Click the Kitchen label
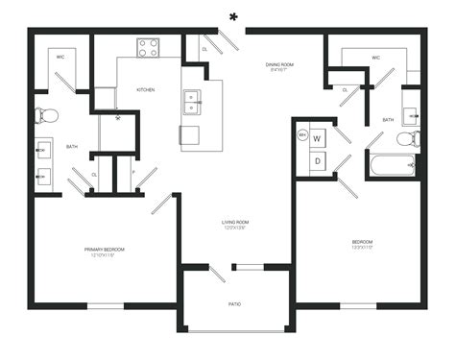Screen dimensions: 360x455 coord(146,89)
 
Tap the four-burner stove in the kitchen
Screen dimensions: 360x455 coord(148,47)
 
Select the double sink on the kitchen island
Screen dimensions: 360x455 coord(193,97)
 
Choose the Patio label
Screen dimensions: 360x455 coord(234,304)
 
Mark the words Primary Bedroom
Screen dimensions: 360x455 coord(104,249)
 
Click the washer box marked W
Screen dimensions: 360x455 coord(318,139)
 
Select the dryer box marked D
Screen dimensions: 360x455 coord(318,161)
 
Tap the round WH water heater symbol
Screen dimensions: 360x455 coord(302,135)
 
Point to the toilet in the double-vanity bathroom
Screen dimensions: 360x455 coord(46,116)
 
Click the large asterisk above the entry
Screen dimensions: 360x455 coord(233,15)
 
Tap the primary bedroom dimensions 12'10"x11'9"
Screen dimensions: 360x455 coord(104,255)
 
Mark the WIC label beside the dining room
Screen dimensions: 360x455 coord(376,58)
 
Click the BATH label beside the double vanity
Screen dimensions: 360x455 coord(72,146)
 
